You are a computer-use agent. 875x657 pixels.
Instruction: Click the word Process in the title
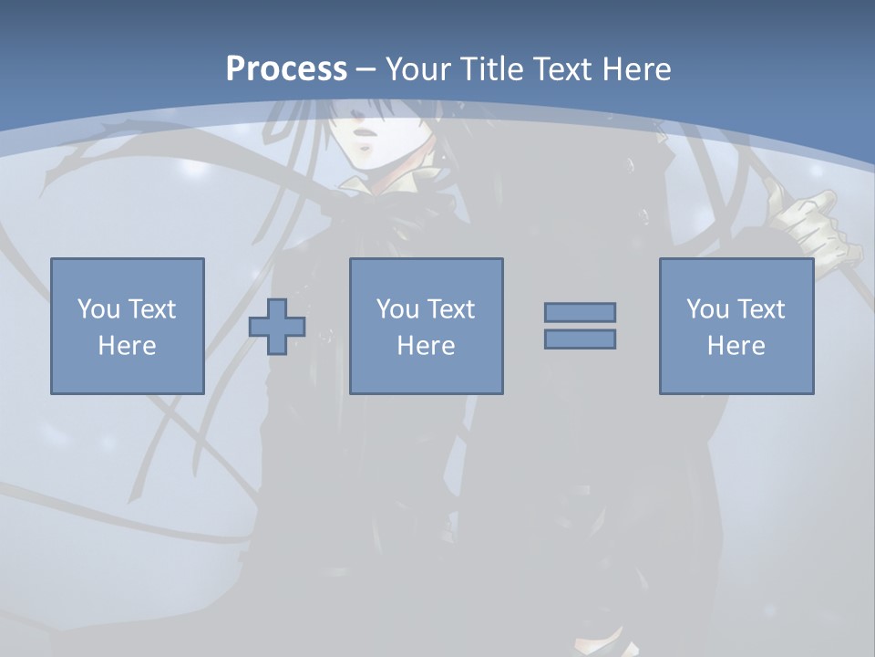[286, 69]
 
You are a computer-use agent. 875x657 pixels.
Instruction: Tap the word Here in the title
[637, 69]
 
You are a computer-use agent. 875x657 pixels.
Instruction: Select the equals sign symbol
[580, 326]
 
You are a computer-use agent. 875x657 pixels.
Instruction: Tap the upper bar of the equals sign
[580, 312]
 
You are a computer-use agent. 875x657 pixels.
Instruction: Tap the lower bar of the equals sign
[580, 339]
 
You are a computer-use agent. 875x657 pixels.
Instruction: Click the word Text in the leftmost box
[151, 309]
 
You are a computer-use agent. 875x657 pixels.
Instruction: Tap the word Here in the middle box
[426, 346]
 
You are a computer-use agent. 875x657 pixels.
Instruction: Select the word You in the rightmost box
[707, 309]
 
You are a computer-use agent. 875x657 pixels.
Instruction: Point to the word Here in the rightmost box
[736, 346]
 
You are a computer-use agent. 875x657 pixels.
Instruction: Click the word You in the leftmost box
[98, 309]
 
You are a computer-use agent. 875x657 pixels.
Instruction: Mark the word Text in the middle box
[450, 309]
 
